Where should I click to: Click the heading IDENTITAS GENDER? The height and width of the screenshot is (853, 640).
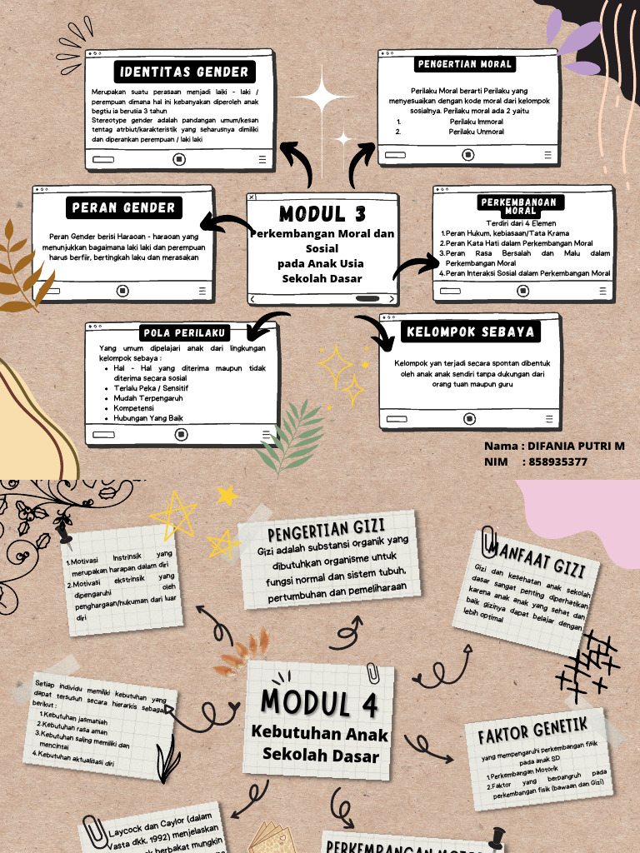[x=183, y=71]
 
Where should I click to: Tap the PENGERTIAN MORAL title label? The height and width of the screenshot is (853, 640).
[x=464, y=64]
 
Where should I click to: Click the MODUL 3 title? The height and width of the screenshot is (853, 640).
[x=322, y=213]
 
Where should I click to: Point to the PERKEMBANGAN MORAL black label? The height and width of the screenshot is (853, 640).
[x=520, y=206]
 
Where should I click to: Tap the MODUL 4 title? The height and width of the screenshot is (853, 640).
[x=320, y=702]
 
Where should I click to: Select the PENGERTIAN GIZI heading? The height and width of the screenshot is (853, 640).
[x=326, y=530]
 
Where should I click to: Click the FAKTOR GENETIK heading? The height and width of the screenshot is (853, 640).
[x=532, y=730]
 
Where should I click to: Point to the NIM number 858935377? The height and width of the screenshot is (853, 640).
[x=558, y=461]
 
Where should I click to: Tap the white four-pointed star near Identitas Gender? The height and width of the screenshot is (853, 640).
[x=321, y=98]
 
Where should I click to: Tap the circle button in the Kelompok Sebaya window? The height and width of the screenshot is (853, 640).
[x=469, y=418]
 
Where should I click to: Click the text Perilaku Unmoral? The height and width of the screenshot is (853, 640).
[x=476, y=132]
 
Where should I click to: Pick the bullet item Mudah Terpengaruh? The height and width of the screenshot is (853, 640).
[x=150, y=398]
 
